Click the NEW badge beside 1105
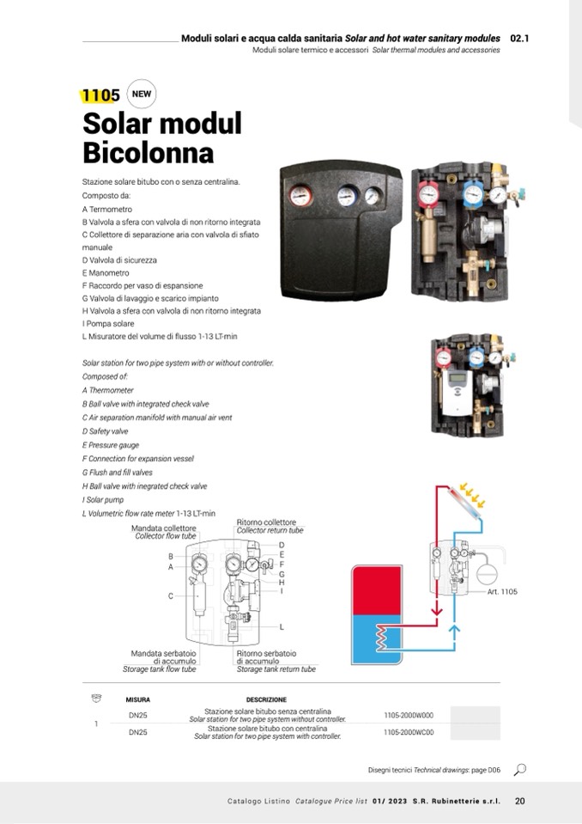[x=142, y=95]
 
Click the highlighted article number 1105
[x=100, y=95]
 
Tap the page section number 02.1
[x=519, y=39]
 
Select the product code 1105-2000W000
[x=409, y=715]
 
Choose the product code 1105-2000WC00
[x=409, y=733]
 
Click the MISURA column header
[x=137, y=699]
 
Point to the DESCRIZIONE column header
[x=266, y=699]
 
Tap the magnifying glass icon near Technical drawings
[x=520, y=769]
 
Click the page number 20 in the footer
[x=520, y=802]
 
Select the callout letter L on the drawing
[x=282, y=627]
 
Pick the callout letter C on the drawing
[x=171, y=595]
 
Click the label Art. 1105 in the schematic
[x=502, y=592]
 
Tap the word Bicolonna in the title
[x=148, y=153]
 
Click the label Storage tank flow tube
[x=160, y=668]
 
